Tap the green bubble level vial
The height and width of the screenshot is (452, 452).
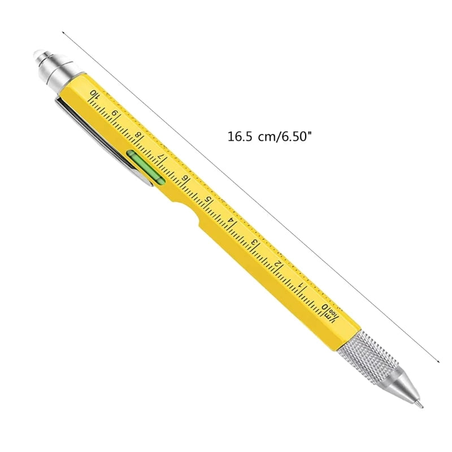[x=145, y=168]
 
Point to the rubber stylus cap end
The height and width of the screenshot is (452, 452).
[x=39, y=55]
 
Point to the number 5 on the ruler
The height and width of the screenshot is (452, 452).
[x=208, y=200]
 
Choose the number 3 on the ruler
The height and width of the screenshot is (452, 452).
[x=255, y=243]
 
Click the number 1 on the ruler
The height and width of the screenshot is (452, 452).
[x=303, y=286]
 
